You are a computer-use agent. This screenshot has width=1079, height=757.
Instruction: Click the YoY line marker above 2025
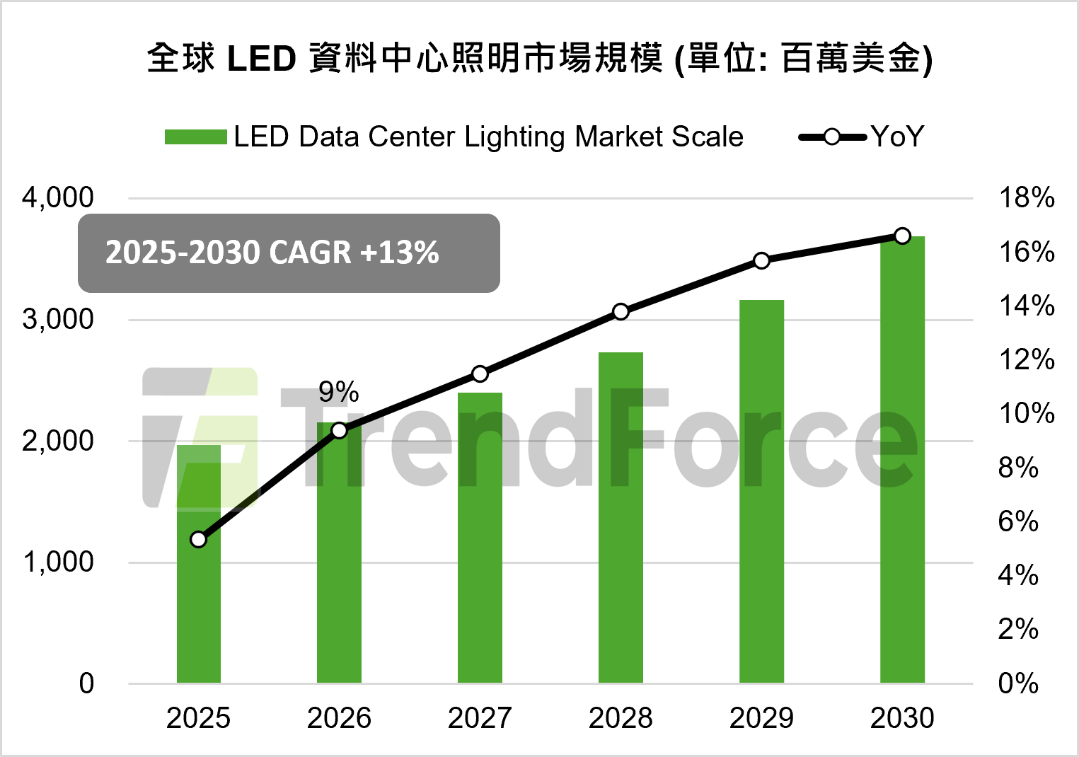pyautogui.click(x=199, y=540)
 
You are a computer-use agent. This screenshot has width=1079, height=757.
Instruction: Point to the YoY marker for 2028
pyautogui.click(x=621, y=312)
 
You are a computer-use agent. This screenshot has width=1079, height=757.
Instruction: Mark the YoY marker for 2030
pyautogui.click(x=902, y=236)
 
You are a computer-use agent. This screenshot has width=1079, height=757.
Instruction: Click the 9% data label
pyautogui.click(x=338, y=392)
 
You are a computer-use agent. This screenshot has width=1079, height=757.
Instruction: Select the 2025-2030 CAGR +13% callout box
pyautogui.click(x=289, y=253)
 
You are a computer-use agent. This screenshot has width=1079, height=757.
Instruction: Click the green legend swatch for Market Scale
pyautogui.click(x=195, y=137)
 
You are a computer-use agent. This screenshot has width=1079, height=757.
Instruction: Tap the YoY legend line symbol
pyautogui.click(x=832, y=137)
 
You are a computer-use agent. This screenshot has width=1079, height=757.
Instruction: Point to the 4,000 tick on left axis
pyautogui.click(x=58, y=198)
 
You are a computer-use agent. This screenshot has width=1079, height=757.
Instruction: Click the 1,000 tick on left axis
pyautogui.click(x=58, y=562)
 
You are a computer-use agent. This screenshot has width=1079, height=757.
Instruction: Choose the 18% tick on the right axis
pyautogui.click(x=1026, y=198)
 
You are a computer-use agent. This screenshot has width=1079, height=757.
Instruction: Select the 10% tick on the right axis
pyautogui.click(x=1026, y=414)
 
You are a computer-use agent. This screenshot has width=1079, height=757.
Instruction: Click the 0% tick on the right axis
pyautogui.click(x=1018, y=683)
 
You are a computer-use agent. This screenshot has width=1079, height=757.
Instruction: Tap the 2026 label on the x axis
pyautogui.click(x=339, y=718)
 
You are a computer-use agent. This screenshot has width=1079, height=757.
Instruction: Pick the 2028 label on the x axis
pyautogui.click(x=621, y=718)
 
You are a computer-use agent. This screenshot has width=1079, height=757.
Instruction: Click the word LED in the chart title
pyautogui.click(x=261, y=59)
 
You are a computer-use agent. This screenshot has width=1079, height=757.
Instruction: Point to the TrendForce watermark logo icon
pyautogui.click(x=200, y=437)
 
